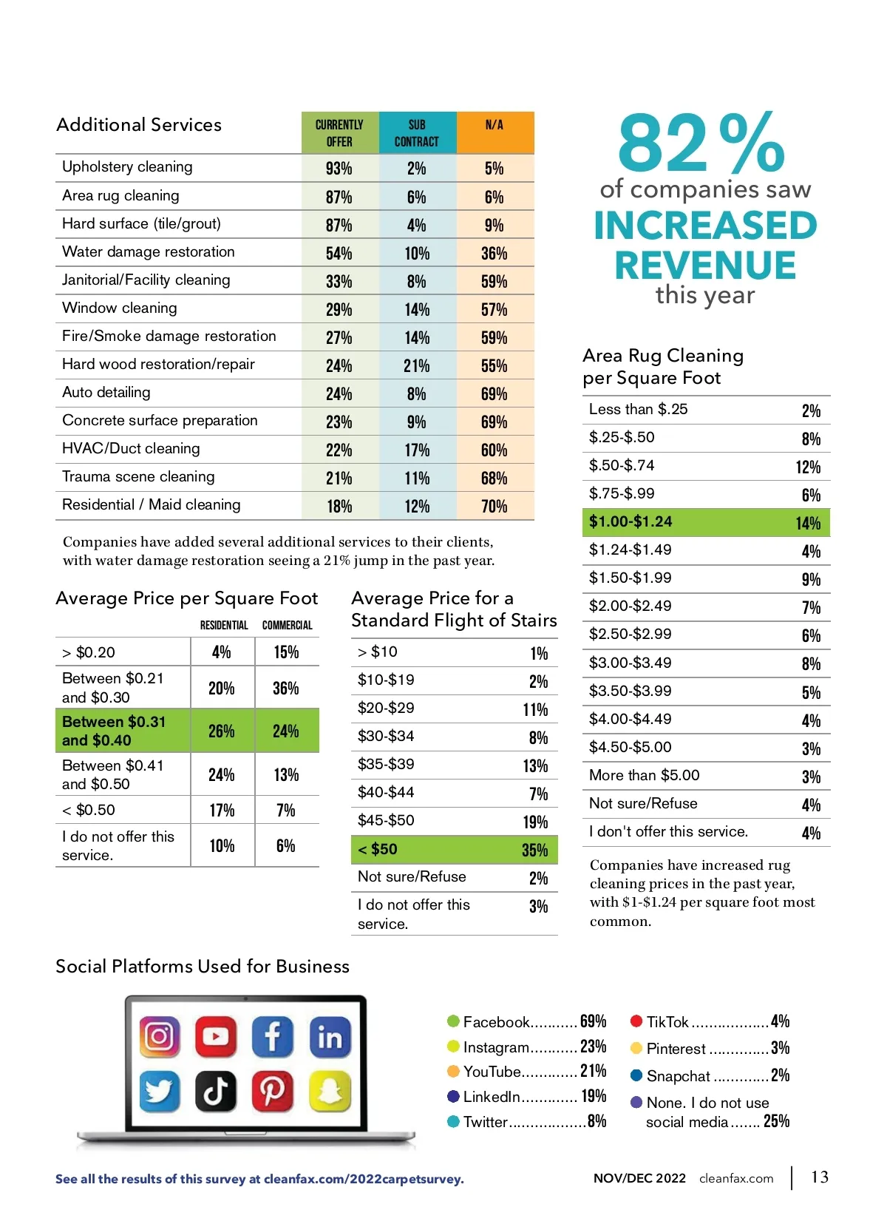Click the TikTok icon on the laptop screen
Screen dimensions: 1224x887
click(216, 1091)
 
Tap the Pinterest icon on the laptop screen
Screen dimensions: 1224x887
click(272, 1091)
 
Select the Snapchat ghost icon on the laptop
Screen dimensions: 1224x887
click(330, 1091)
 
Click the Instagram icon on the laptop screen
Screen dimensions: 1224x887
click(159, 1035)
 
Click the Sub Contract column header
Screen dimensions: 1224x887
click(416, 133)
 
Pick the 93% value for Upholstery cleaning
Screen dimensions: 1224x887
click(339, 169)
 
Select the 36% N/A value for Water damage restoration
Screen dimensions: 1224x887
click(494, 254)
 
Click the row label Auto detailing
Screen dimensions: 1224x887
click(106, 393)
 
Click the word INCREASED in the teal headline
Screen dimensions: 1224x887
click(705, 226)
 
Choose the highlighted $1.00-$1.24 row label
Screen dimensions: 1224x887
click(631, 521)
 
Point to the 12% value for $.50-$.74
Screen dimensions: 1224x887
click(808, 467)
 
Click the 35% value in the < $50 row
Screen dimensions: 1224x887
click(534, 851)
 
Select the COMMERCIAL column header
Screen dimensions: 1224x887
click(287, 626)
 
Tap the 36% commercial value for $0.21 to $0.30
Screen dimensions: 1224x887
click(285, 689)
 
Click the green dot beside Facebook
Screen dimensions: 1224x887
click(453, 1021)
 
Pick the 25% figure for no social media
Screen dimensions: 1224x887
click(776, 1122)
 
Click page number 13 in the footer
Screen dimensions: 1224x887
click(820, 1177)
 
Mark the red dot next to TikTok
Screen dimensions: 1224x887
click(636, 1021)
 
